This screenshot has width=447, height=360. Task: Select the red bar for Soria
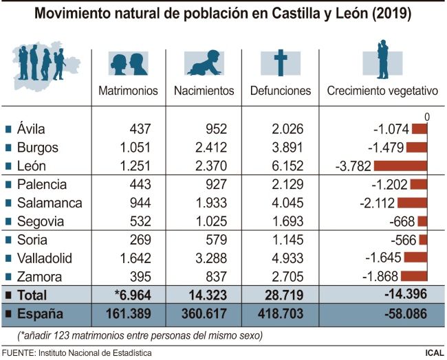tap(423, 240)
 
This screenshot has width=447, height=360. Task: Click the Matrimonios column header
tap(128, 91)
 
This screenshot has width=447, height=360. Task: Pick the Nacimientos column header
tap(204, 91)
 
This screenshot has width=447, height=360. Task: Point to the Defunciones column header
tap(280, 91)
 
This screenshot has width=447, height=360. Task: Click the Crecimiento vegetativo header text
tap(382, 91)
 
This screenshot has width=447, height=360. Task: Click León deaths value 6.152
tap(294, 166)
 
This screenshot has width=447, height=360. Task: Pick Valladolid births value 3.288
tap(218, 258)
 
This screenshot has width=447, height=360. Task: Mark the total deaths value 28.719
tap(290, 295)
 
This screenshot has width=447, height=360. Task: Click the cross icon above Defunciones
tap(280, 63)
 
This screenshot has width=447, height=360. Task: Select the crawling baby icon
tap(204, 63)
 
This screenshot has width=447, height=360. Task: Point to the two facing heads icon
tap(128, 63)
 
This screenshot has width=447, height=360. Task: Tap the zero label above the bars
tap(427, 117)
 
